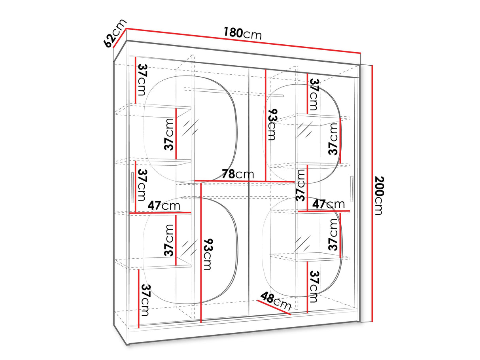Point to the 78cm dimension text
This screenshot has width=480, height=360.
(x=238, y=174)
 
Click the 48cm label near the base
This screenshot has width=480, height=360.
(x=276, y=301)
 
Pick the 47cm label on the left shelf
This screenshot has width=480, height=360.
(x=164, y=205)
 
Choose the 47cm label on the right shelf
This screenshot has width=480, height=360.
(x=329, y=204)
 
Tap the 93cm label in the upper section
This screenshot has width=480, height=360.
(x=272, y=124)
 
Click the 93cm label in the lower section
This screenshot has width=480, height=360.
(x=208, y=254)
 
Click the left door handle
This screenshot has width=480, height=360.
(x=132, y=188)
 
